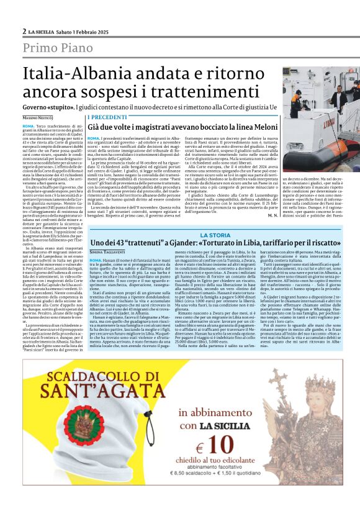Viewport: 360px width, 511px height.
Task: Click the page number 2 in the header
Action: pos(24,31)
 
